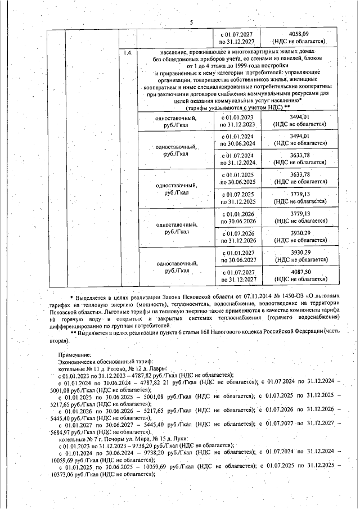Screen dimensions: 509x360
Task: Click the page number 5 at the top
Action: tap(191, 22)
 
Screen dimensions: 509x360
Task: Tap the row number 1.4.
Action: tap(127, 53)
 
